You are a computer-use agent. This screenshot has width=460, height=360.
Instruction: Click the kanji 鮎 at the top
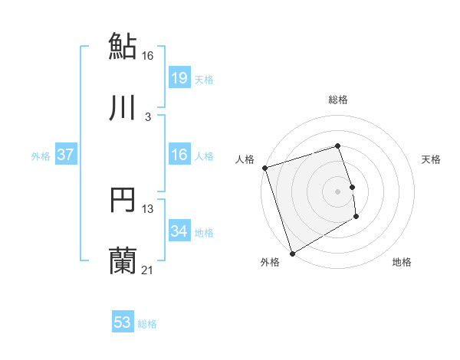point(123,46)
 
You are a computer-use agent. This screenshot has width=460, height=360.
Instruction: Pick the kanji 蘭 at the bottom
point(123,261)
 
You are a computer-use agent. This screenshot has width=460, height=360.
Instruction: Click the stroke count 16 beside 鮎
point(148,55)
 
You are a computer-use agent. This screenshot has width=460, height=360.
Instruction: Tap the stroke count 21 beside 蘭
point(148,270)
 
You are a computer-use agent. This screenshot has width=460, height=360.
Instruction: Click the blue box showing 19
point(179,77)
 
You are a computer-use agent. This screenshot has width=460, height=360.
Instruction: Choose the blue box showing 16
point(179,155)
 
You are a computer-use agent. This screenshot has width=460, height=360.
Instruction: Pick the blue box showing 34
point(179,231)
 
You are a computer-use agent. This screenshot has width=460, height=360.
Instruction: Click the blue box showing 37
point(66,155)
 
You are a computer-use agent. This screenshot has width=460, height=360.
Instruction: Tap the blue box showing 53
point(123,322)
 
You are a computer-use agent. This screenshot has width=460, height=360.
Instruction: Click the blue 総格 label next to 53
point(147,324)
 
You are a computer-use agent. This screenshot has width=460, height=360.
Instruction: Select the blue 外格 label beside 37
point(41,156)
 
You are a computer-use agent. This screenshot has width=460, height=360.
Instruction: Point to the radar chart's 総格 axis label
point(338,100)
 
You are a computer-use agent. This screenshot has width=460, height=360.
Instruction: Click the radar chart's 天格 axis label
point(432,159)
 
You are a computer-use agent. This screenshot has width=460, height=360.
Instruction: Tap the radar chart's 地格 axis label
point(402,263)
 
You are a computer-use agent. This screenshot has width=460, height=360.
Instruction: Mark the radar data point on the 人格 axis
point(264,168)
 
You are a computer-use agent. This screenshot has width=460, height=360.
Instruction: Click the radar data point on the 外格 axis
point(292,253)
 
